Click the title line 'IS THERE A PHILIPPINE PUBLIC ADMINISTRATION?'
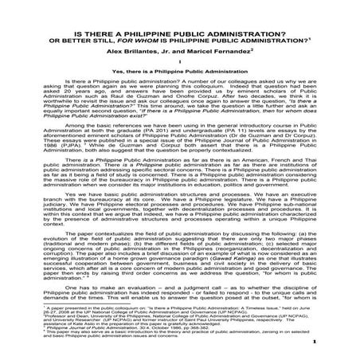[x=179, y=10]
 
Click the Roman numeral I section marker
[x=181, y=48]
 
